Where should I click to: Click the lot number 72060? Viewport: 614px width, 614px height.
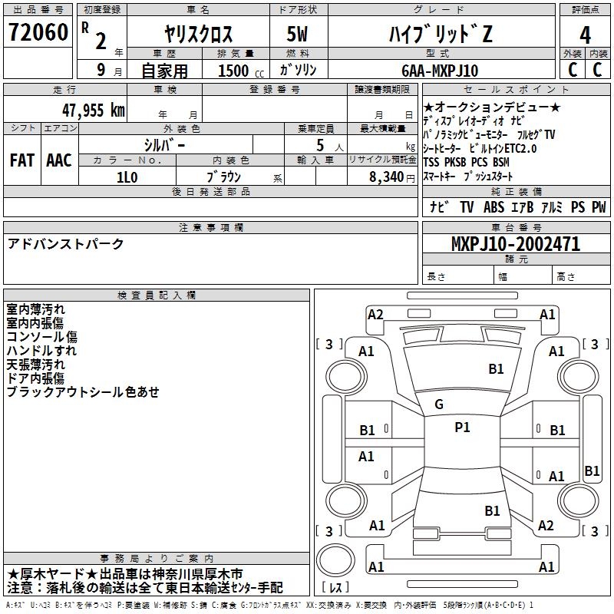click(38, 32)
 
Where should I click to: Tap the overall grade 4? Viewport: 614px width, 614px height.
click(585, 35)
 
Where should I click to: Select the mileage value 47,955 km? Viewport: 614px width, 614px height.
click(94, 111)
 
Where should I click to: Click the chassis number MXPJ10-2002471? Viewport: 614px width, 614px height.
click(516, 244)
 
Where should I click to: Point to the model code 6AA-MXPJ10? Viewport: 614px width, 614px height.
click(440, 71)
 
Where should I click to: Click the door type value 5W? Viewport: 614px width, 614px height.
click(297, 34)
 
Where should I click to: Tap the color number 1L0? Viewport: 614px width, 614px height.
click(127, 177)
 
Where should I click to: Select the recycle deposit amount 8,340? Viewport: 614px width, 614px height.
click(387, 177)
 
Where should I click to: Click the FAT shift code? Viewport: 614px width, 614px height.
click(22, 160)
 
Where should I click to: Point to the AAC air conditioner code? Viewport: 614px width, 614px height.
click(59, 160)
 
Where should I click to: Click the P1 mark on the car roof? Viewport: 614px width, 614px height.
click(462, 427)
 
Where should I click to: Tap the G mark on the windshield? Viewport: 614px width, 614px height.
click(439, 404)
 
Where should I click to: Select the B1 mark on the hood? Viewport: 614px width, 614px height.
click(496, 369)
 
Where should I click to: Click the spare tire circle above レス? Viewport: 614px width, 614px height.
click(335, 560)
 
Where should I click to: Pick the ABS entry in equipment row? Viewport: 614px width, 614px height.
click(494, 207)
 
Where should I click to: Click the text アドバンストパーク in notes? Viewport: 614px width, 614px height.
click(65, 244)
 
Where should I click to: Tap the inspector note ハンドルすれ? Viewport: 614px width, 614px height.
click(41, 351)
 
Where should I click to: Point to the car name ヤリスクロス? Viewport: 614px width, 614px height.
click(199, 34)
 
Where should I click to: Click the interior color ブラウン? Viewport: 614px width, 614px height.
click(224, 177)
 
